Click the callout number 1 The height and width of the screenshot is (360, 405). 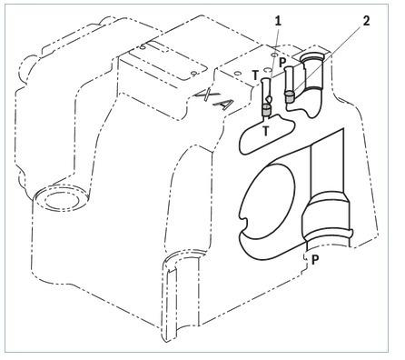278,21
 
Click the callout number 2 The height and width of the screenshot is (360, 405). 366,21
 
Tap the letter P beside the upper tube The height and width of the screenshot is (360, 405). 282,63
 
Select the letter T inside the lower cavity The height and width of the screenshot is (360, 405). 266,131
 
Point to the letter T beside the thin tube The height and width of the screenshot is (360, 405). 256,75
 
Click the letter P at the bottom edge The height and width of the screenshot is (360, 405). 315,260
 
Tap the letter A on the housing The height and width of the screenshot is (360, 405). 224,105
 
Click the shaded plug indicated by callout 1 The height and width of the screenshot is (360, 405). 266,110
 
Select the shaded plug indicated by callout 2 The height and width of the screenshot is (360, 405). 290,97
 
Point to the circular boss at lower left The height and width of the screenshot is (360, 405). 62,199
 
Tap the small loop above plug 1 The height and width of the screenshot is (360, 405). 268,98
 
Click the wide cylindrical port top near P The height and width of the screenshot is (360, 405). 311,56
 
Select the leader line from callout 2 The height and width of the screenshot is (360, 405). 328,59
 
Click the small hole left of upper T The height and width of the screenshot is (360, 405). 237,74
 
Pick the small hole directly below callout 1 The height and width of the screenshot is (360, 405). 274,55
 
